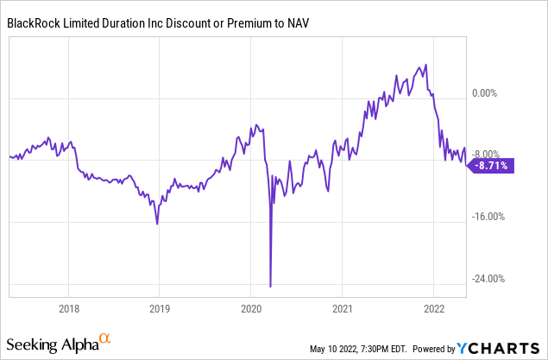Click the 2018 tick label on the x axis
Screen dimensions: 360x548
coord(70,309)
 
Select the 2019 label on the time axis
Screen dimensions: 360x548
coord(160,309)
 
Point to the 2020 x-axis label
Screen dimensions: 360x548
coord(250,309)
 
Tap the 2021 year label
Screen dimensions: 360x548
coord(342,309)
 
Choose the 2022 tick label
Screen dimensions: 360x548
coord(432,309)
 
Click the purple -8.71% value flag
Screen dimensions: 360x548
coord(493,165)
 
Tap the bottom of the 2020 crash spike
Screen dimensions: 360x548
coord(271,286)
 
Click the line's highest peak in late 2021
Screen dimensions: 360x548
coord(425,66)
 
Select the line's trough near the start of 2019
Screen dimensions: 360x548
coord(157,224)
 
